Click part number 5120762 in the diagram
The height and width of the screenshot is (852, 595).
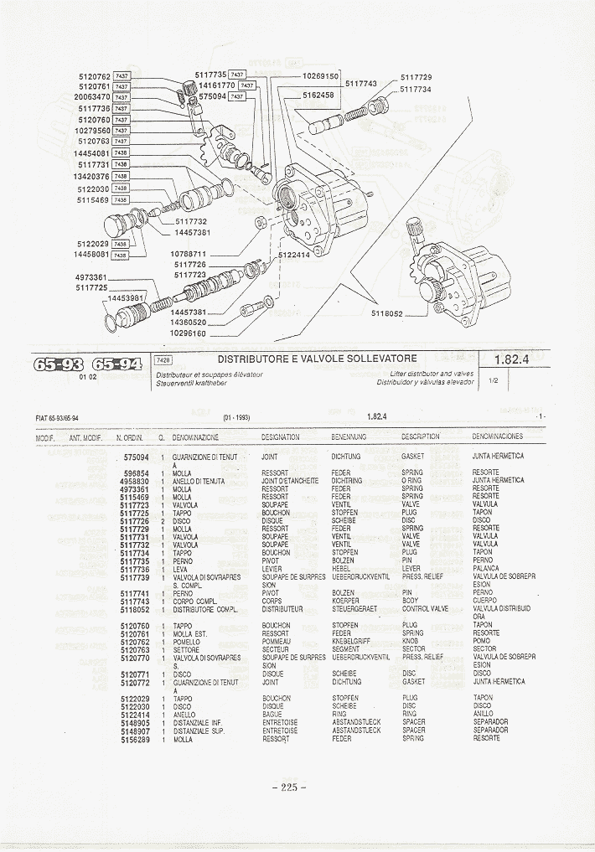94,76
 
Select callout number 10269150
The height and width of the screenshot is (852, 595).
319,76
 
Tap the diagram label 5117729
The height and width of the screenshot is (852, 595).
416,77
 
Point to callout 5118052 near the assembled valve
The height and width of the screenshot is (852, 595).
386,313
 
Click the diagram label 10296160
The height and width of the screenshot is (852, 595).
188,333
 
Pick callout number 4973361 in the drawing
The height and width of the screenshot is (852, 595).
91,276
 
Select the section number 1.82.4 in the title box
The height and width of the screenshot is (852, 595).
510,359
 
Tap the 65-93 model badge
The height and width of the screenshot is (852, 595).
58,364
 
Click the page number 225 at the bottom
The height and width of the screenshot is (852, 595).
290,787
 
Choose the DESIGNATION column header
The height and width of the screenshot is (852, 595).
280,436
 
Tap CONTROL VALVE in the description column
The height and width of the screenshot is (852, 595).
425,609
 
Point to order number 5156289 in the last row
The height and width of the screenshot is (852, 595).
134,739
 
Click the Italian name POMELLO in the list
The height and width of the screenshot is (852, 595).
187,641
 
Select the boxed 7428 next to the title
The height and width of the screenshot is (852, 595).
163,359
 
